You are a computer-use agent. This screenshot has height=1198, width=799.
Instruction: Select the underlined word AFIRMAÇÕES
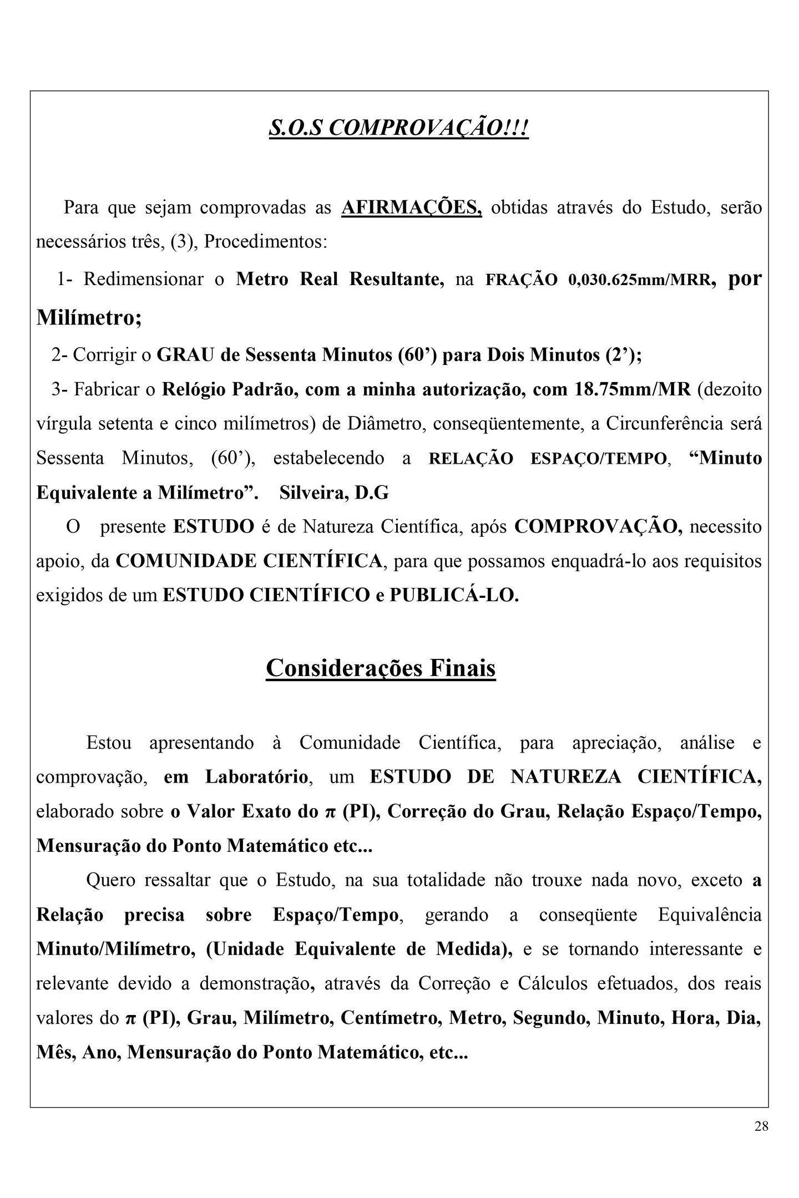pyautogui.click(x=411, y=207)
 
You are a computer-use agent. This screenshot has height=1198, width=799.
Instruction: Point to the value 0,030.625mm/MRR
pyautogui.click(x=639, y=280)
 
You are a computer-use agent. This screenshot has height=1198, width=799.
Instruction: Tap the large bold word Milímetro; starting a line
pyautogui.click(x=89, y=317)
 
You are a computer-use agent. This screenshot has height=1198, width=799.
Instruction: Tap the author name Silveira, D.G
pyautogui.click(x=334, y=493)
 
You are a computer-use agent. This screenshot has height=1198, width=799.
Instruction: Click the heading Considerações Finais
pyautogui.click(x=381, y=668)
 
